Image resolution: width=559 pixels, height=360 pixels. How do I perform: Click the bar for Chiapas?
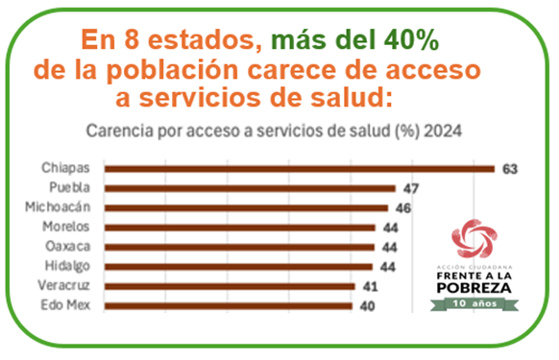click(x=299, y=169)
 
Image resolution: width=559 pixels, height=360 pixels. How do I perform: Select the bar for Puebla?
click(x=250, y=188)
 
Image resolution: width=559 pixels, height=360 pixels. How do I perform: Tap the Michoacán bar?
click(x=246, y=207)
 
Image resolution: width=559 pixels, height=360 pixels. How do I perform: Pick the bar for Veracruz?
click(x=230, y=286)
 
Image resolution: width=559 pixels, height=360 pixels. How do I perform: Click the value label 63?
click(x=509, y=169)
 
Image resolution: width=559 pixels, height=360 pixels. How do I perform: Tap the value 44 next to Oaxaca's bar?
click(x=389, y=247)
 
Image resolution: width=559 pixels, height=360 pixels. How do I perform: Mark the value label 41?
click(x=370, y=286)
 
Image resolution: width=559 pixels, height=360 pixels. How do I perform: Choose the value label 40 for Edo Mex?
click(x=366, y=305)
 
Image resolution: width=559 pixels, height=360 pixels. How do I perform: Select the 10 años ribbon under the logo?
click(x=476, y=302)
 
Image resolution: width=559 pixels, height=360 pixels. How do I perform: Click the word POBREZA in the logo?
click(x=476, y=286)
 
